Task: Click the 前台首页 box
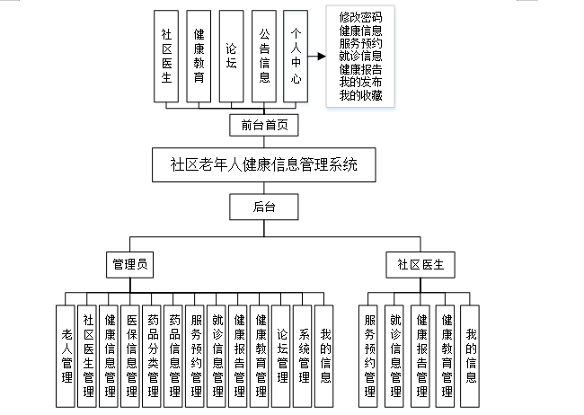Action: pos(263,125)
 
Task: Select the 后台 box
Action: pos(263,207)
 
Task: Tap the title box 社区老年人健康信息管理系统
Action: pos(263,165)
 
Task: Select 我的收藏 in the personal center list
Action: pos(360,96)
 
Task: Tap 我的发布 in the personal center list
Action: pos(360,83)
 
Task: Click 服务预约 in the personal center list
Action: pos(360,43)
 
